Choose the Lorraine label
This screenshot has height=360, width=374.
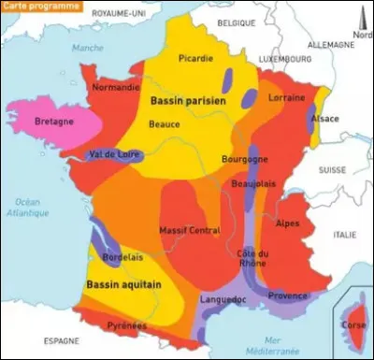coord(286,96)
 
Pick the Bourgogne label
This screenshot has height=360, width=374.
coord(244,159)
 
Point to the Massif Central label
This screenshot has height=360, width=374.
coord(191,230)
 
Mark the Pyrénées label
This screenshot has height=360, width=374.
coord(126,325)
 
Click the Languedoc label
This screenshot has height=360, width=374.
coord(223,299)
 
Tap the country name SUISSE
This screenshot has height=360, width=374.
coord(331,171)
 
